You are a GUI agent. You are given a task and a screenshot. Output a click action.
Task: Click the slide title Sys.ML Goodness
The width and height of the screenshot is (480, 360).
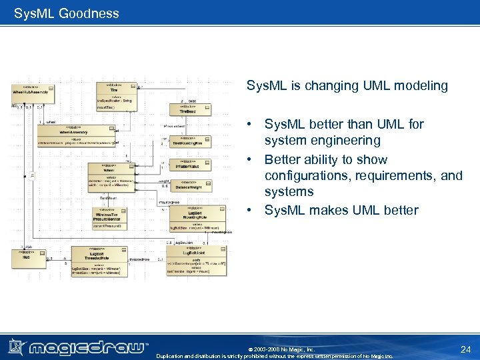[x=67, y=13]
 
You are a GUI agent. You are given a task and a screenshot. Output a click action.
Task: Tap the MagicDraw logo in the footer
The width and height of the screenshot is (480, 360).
[x=78, y=347]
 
